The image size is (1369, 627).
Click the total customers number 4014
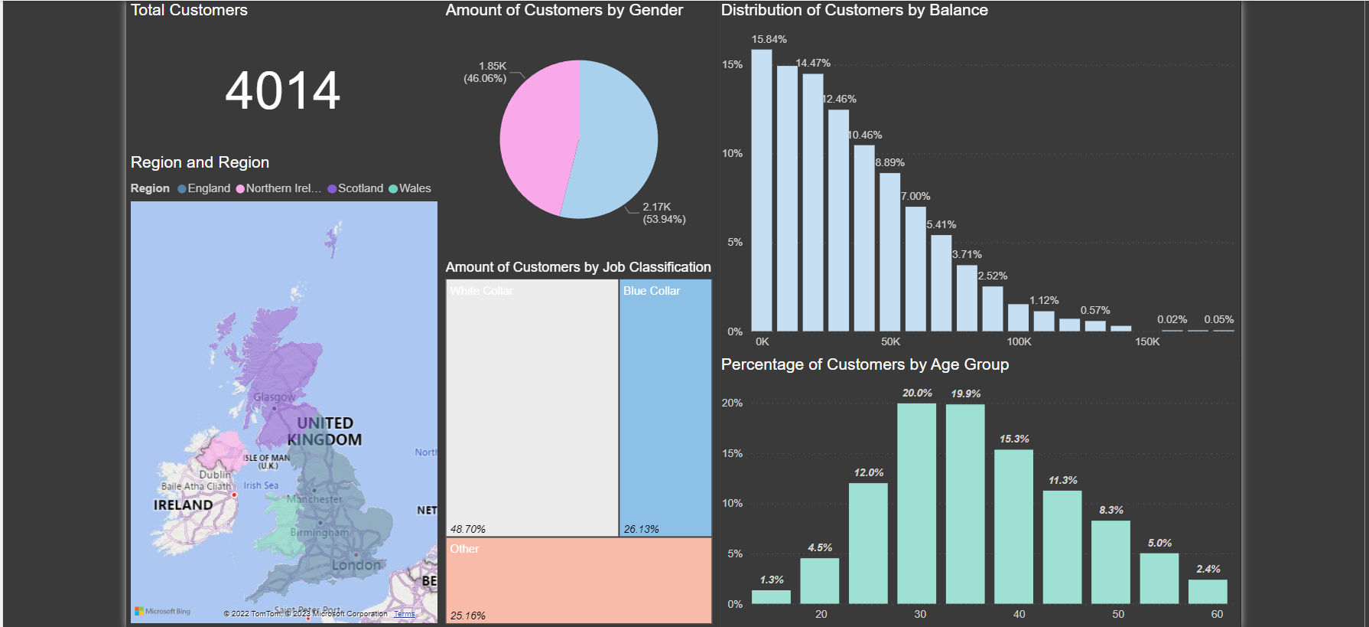coord(282,91)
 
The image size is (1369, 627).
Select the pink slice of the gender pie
coord(535,138)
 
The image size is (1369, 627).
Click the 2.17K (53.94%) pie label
coord(663,213)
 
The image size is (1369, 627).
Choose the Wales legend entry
coord(414,188)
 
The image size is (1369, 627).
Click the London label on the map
coord(356,565)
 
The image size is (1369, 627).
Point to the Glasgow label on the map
coord(274,397)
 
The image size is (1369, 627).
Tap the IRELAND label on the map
coord(183,505)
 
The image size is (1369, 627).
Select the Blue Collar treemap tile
coord(665,406)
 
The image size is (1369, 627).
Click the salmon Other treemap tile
coord(578,580)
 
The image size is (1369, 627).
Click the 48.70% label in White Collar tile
coord(467,529)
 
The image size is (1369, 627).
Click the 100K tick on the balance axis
coord(1019,341)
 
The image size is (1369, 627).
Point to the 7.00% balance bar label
coord(915,196)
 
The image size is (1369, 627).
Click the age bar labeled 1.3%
coord(771,596)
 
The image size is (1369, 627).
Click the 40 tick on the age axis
coord(1019,614)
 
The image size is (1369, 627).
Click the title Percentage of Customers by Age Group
coord(864,364)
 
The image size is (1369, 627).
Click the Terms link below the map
coord(404,614)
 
